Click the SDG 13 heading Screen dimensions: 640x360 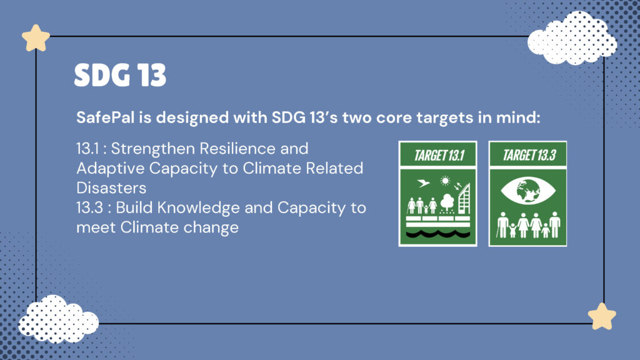(x=121, y=75)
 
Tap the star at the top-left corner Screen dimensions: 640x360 (x=36, y=38)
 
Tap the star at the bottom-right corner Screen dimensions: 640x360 (x=602, y=316)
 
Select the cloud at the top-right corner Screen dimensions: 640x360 (x=572, y=38)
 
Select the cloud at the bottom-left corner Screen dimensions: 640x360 (x=58, y=319)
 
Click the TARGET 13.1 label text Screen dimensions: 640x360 (x=439, y=156)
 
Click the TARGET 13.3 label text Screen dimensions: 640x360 (x=529, y=156)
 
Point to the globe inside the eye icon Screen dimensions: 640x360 (x=527, y=191)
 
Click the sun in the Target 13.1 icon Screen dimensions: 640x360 (x=445, y=181)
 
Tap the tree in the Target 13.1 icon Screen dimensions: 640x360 (x=447, y=203)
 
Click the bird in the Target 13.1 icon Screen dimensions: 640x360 (x=424, y=183)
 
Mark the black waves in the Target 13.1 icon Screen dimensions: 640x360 (x=437, y=234)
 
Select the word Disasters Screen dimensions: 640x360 (x=111, y=188)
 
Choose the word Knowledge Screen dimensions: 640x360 (x=198, y=207)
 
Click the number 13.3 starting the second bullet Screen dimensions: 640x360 (x=89, y=207)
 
